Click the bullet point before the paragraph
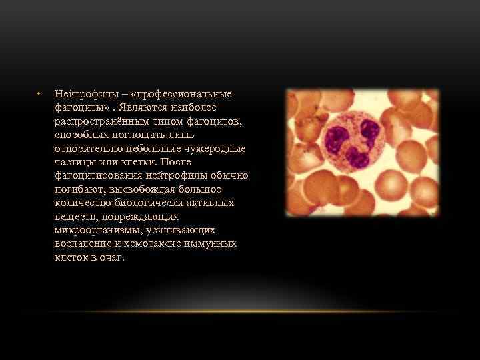40,93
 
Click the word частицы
73,162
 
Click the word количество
80,203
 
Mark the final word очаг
112,257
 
